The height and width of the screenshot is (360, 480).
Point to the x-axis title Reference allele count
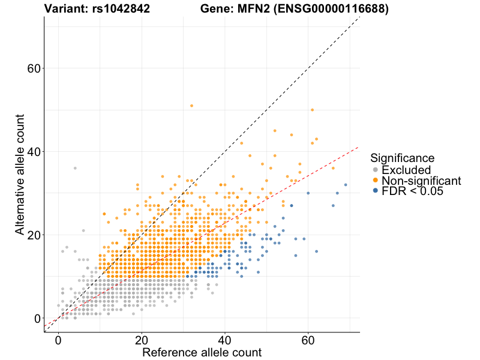click(x=202, y=352)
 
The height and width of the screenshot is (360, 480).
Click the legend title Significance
click(x=402, y=158)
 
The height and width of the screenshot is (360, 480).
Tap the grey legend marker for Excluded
click(x=376, y=170)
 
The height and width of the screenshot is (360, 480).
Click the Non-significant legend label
click(x=421, y=181)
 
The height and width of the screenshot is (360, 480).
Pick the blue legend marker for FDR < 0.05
click(x=376, y=191)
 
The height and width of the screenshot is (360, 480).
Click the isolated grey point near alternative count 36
click(x=75, y=168)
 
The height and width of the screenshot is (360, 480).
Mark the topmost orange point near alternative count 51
click(x=191, y=106)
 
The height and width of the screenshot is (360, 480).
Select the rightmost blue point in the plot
click(x=346, y=185)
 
